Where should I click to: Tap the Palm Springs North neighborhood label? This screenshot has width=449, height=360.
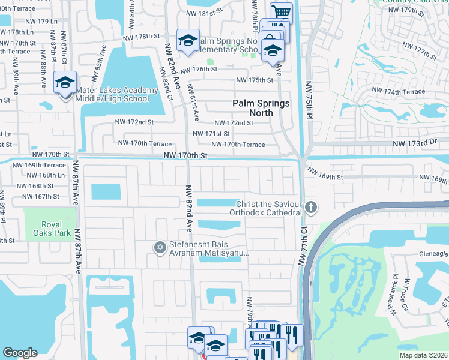(x=261, y=108)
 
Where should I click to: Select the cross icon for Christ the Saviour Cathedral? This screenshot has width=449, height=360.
(x=310, y=208)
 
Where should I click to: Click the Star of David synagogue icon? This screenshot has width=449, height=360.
(x=160, y=247)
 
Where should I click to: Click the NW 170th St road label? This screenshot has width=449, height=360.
(x=185, y=155)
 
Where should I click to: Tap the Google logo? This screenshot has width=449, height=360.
(x=20, y=353)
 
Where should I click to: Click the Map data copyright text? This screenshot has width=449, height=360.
(x=423, y=355)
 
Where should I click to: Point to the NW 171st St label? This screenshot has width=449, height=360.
(x=211, y=134)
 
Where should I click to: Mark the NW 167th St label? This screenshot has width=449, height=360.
(x=38, y=196)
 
